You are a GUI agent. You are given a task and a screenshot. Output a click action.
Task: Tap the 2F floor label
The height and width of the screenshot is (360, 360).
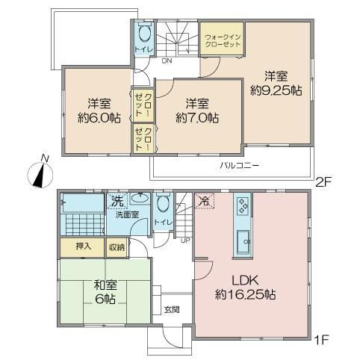click(x=323, y=180)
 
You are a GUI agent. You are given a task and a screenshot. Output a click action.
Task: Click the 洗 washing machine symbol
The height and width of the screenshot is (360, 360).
click(x=116, y=199)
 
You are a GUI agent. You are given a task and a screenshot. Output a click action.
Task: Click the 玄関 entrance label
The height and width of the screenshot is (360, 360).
click(x=171, y=307)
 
